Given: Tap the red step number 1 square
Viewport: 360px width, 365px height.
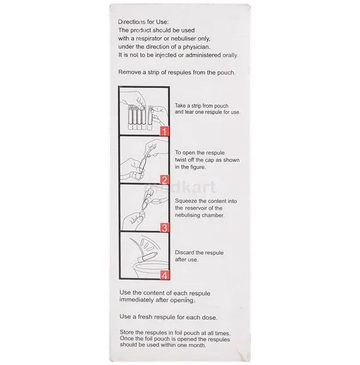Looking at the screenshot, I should click(x=164, y=132).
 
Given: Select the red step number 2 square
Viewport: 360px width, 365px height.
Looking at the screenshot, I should click(x=164, y=179).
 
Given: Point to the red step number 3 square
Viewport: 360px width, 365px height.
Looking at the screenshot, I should click(x=164, y=227).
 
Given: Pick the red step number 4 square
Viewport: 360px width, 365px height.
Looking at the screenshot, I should click(x=164, y=275).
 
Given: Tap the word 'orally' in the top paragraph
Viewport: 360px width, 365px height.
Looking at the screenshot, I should click(x=221, y=56).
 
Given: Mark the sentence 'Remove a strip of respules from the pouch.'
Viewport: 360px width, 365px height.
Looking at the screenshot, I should click(x=177, y=73).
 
